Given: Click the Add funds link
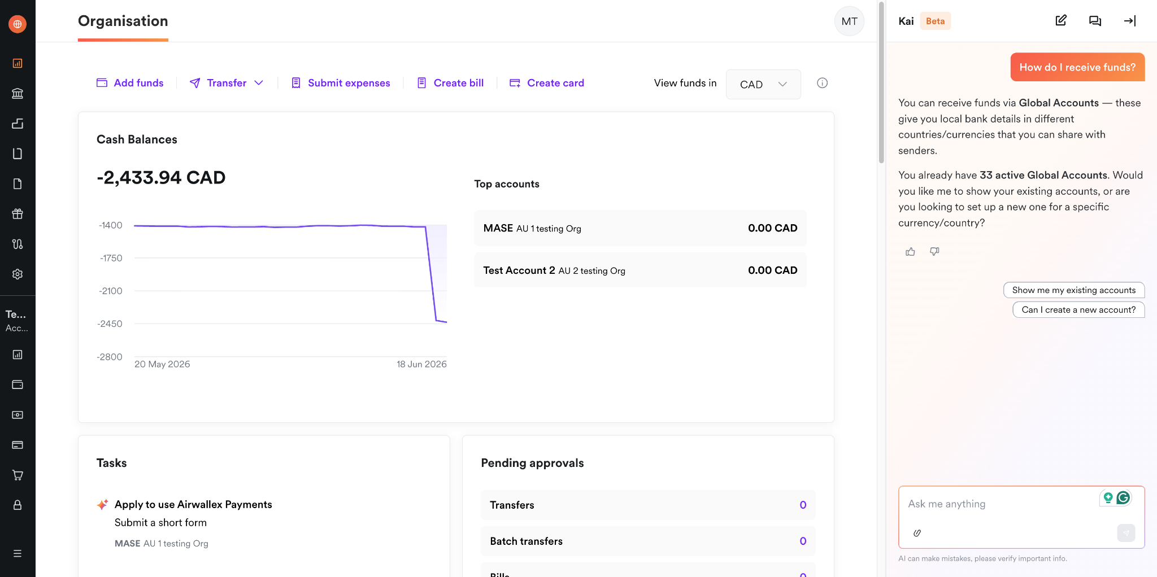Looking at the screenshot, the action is [x=130, y=83].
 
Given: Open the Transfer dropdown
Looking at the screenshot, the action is [x=227, y=83].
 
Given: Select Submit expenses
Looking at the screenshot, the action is [x=341, y=83].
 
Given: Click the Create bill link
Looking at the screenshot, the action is [x=450, y=83].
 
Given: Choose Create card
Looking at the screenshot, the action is [x=547, y=83].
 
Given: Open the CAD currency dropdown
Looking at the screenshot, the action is [x=763, y=84].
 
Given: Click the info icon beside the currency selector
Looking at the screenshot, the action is [x=823, y=83].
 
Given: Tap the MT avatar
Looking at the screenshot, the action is [x=849, y=21].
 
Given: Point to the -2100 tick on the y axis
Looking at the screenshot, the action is [x=111, y=291].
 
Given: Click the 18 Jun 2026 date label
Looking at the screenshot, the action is [x=421, y=364].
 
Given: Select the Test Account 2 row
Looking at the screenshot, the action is [x=640, y=270].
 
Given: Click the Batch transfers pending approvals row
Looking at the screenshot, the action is [x=648, y=541].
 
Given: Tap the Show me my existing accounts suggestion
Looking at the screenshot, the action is [x=1074, y=290].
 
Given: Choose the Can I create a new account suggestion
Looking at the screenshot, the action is [x=1078, y=310].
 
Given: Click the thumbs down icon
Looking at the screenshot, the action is [x=935, y=251].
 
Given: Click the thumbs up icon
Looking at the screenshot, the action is [x=910, y=251].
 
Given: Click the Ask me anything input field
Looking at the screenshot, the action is [x=1000, y=504].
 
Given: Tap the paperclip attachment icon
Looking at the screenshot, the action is [x=917, y=533].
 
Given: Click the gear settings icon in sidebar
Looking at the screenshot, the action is [x=18, y=274].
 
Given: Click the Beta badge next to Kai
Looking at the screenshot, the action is [x=935, y=21].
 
